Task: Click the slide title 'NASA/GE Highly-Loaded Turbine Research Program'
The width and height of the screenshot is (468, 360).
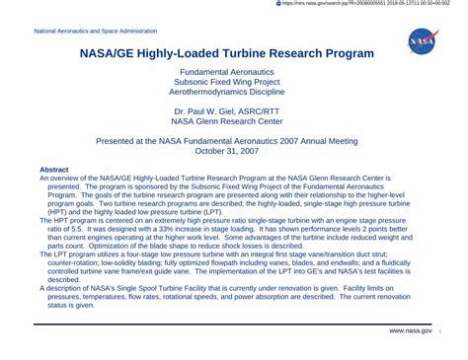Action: pos(226,53)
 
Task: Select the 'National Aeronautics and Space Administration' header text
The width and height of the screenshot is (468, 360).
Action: pos(95,32)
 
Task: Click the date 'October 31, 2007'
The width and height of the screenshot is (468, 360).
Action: pos(227,151)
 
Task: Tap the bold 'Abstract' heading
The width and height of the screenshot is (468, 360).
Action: pos(53,170)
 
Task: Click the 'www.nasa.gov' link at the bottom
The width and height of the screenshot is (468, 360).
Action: pos(410,330)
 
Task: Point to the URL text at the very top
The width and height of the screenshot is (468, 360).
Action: pos(365,4)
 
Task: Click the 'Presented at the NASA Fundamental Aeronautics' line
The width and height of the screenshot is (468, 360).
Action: pos(227,140)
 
